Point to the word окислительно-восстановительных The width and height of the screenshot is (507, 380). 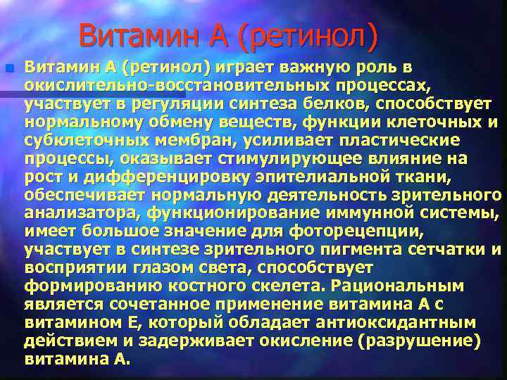163,86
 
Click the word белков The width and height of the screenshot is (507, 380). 334,104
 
